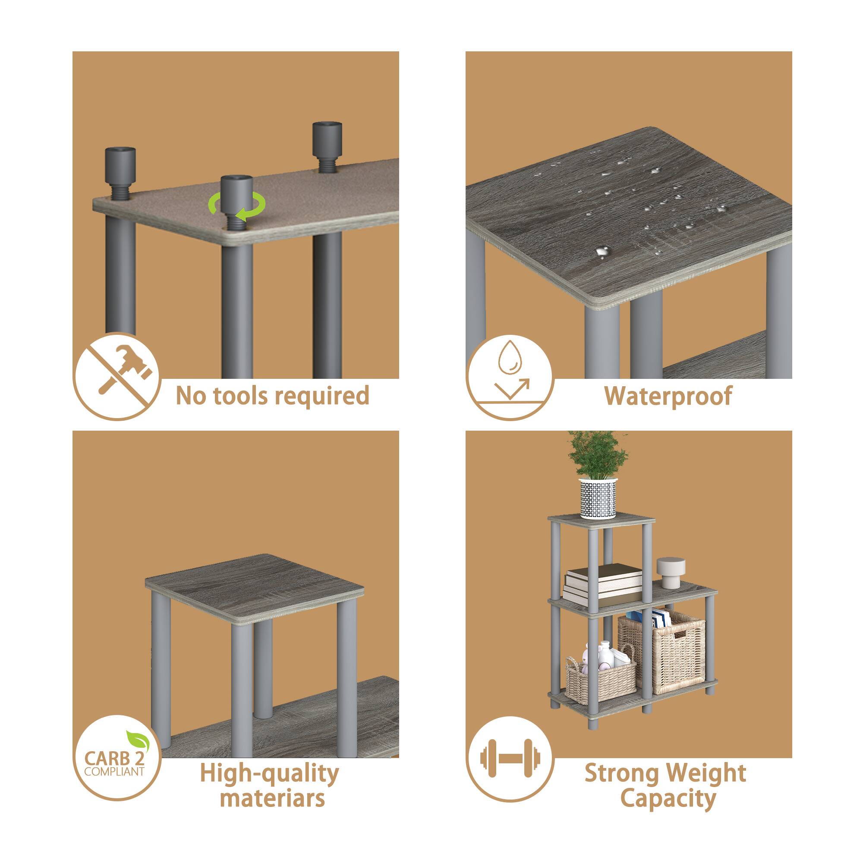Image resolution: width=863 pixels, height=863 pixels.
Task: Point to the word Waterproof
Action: click(x=668, y=396)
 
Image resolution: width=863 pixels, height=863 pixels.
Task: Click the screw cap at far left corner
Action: click(x=120, y=165)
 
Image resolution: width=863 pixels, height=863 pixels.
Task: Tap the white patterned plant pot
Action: click(x=598, y=498)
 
